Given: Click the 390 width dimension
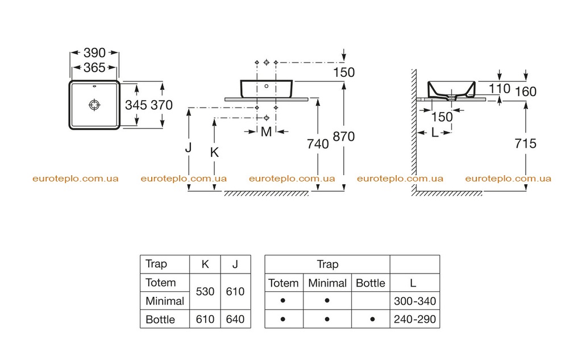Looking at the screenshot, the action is (95, 53).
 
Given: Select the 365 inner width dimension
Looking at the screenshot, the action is (95, 68).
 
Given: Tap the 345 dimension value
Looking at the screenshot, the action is (136, 105).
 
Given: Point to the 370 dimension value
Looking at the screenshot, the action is (161, 105).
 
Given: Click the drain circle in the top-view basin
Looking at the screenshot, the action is (95, 105).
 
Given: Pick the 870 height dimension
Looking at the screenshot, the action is (344, 136).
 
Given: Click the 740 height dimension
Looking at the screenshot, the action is (318, 144).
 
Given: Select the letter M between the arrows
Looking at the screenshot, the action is (266, 132).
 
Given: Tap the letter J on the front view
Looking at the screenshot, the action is (189, 147).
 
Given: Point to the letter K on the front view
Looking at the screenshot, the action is (214, 152).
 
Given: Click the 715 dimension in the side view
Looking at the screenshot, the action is (526, 143).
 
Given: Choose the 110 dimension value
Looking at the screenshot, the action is (499, 89).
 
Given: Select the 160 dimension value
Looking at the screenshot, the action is (526, 92).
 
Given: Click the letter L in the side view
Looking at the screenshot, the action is (435, 133).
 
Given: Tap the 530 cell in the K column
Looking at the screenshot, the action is (205, 292).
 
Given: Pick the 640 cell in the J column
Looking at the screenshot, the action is (235, 319).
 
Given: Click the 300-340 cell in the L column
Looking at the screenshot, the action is (415, 301).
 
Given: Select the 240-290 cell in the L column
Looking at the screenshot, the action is (415, 319).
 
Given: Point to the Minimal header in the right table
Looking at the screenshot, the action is (327, 283).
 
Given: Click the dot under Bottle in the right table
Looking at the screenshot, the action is (372, 319).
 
